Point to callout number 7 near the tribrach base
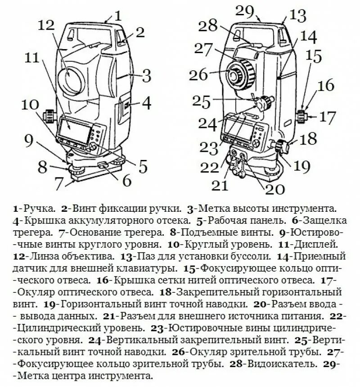(58, 183)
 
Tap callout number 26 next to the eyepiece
(200, 75)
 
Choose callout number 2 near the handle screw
(140, 32)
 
